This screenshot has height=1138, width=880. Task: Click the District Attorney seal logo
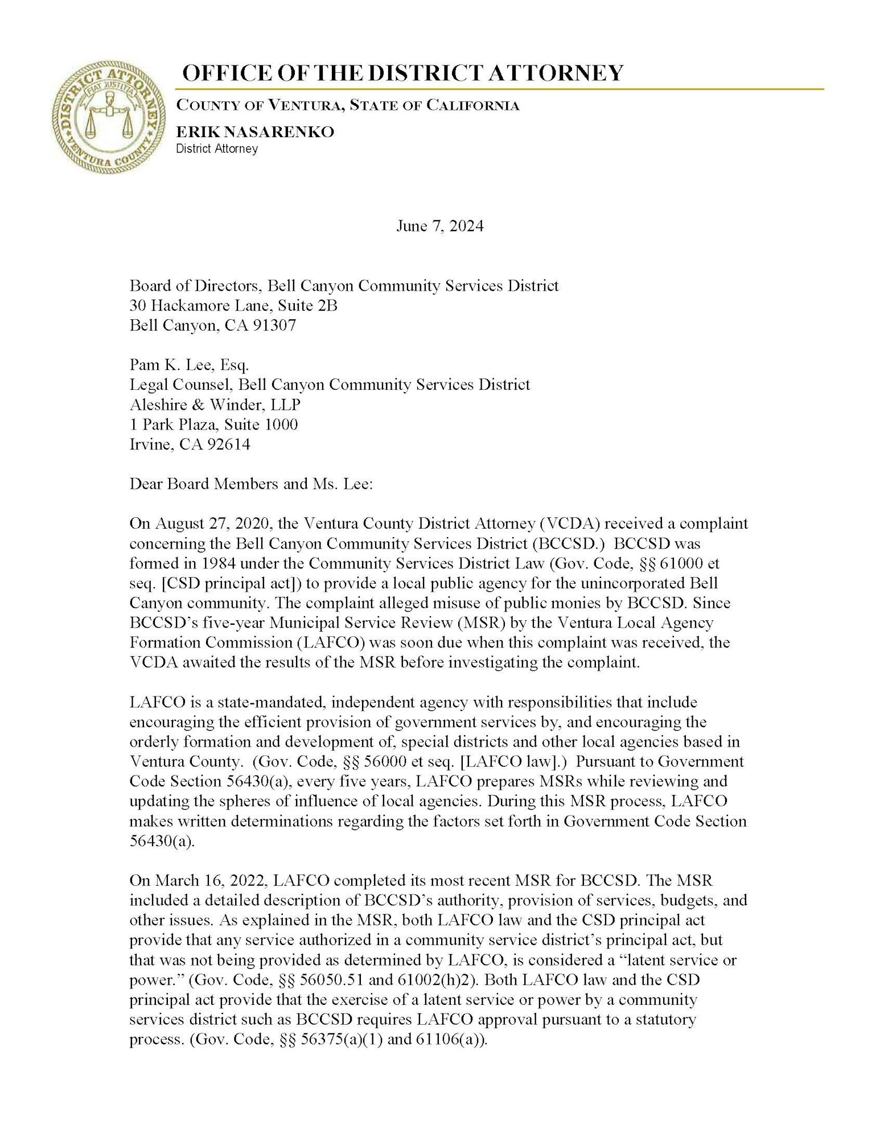pos(108,117)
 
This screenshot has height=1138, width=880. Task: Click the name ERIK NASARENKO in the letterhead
pos(254,132)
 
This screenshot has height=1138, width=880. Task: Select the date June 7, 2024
pos(439,226)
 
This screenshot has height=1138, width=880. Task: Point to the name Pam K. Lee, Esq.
pos(189,365)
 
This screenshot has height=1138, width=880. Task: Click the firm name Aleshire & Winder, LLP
pos(215,405)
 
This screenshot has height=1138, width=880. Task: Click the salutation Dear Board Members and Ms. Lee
pos(251,484)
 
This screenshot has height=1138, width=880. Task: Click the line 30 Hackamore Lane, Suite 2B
pos(233,306)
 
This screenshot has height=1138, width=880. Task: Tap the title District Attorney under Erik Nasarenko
pos(217,149)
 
